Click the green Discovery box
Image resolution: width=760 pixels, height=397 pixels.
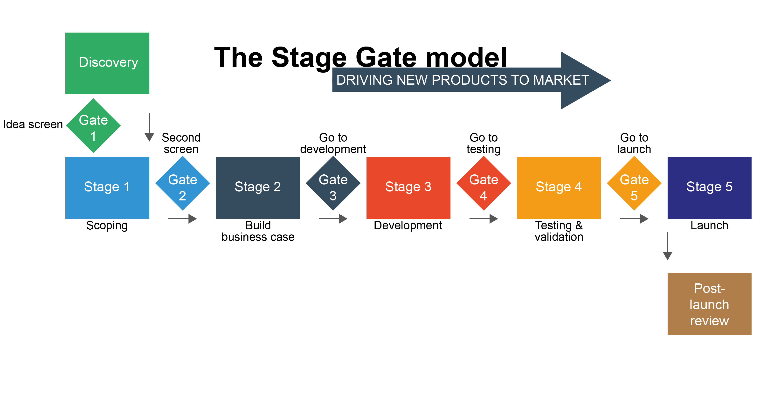[x=107, y=63]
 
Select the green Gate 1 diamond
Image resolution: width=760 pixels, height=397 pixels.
[x=93, y=126]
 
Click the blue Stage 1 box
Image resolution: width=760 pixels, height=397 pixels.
[x=107, y=188]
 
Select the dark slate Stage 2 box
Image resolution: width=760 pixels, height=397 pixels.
[x=258, y=188]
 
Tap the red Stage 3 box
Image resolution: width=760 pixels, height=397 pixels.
[x=408, y=188]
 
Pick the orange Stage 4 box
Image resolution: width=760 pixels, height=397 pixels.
[x=559, y=188]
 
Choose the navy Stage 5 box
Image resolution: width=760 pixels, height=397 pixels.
[x=709, y=188]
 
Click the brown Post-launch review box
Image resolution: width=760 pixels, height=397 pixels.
[x=709, y=304]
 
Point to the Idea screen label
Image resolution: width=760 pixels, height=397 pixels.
[x=33, y=124]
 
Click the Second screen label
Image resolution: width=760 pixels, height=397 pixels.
[x=181, y=143]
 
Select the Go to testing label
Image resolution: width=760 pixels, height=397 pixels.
[x=484, y=143]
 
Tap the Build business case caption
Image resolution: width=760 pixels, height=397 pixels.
[x=258, y=231]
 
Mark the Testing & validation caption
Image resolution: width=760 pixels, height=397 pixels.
[x=559, y=231]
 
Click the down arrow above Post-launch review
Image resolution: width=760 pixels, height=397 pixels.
[x=667, y=246]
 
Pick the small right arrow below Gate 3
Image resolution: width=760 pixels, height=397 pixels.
[x=333, y=219]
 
